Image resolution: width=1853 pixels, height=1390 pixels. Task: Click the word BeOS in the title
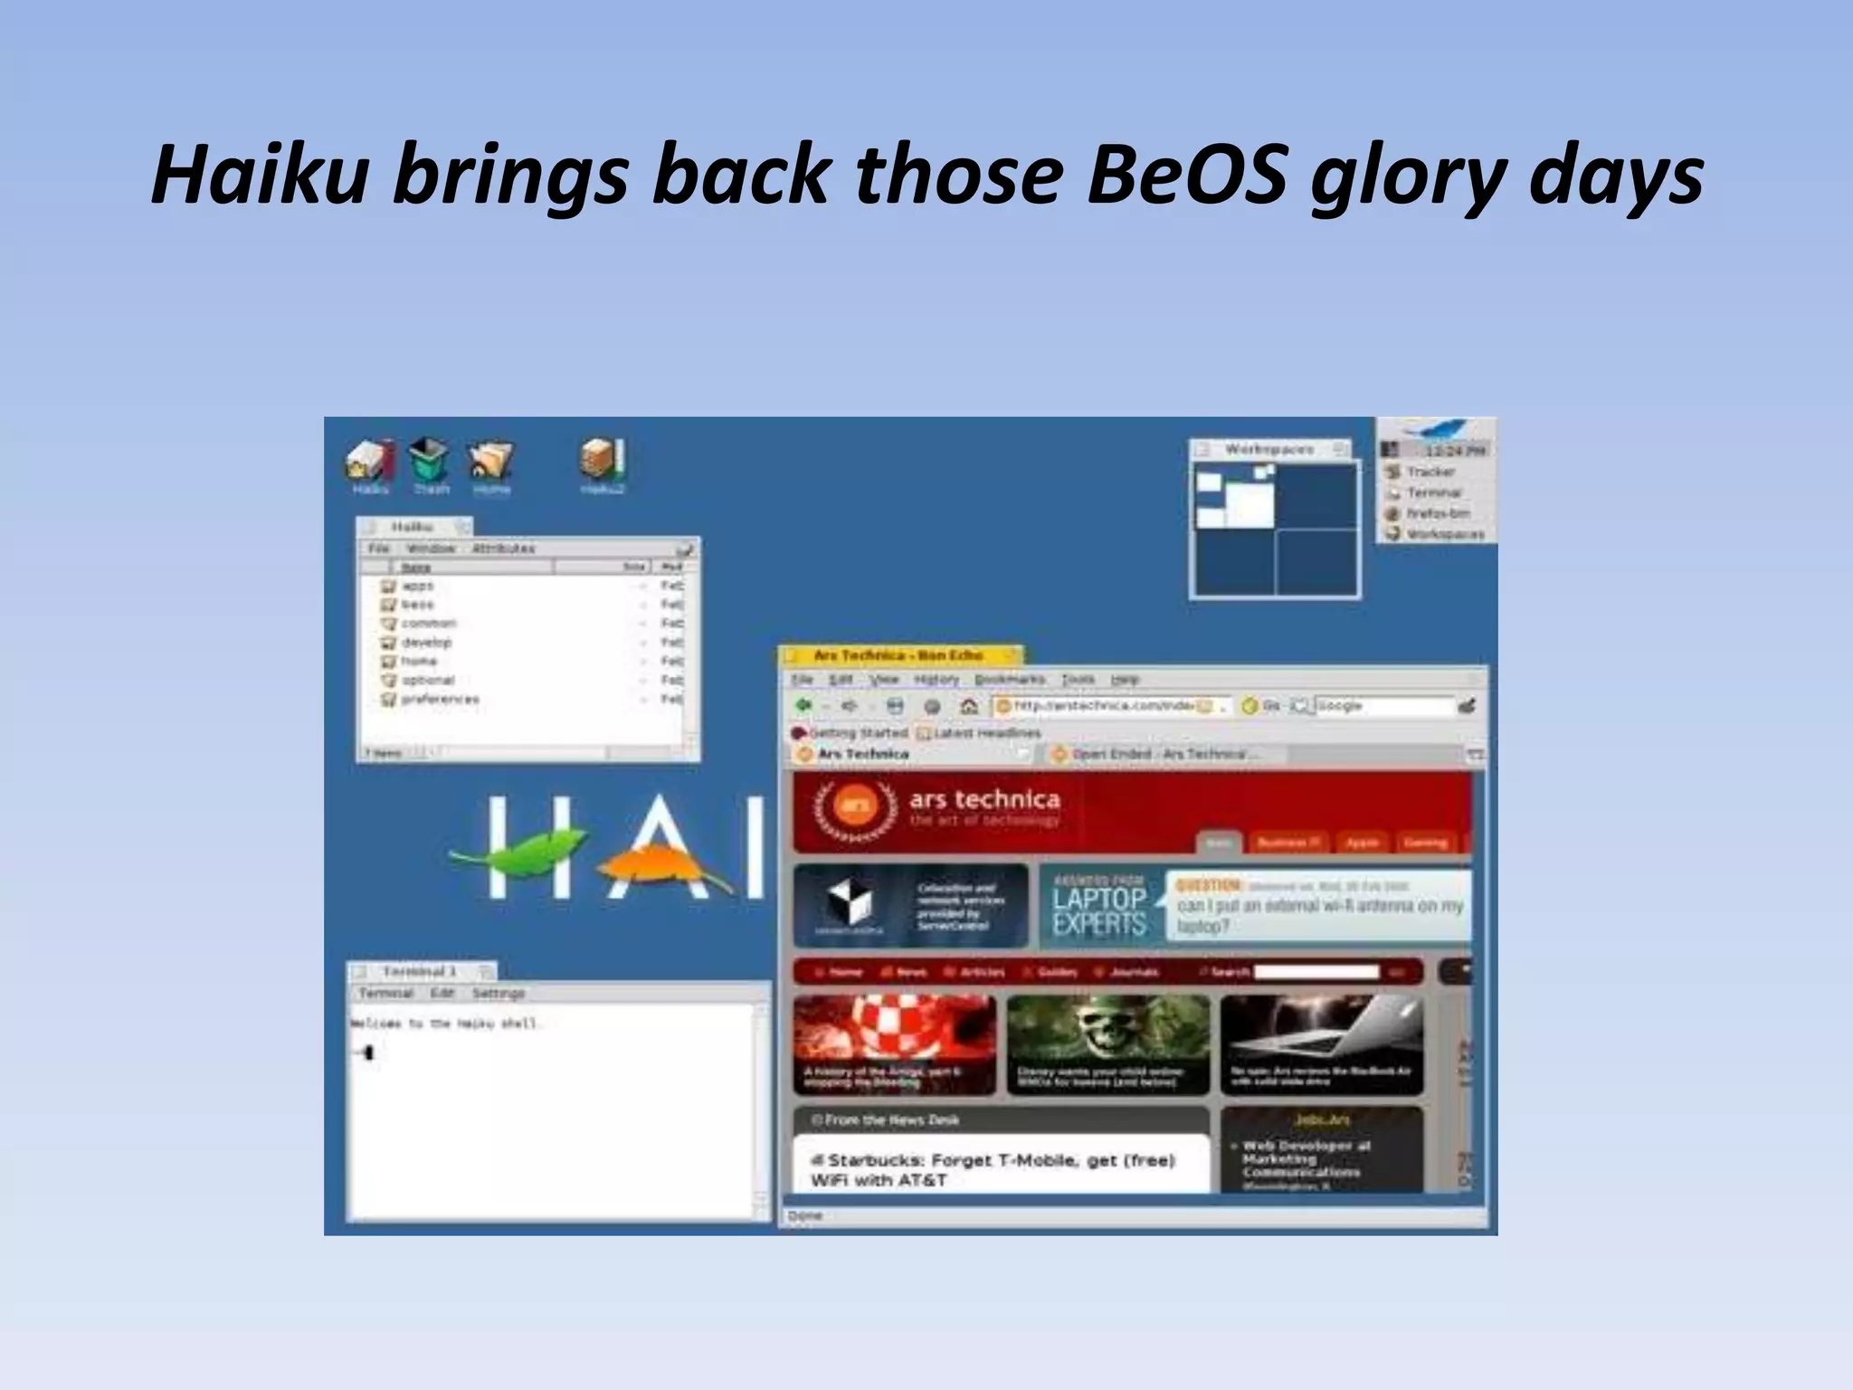point(1186,174)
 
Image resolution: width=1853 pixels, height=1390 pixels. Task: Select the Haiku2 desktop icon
point(603,461)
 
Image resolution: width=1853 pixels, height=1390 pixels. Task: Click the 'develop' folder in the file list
point(425,643)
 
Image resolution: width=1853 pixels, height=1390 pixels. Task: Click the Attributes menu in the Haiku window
point(503,548)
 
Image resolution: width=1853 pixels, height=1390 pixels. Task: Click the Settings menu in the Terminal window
point(498,994)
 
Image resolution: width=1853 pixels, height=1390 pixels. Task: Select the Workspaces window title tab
point(1269,449)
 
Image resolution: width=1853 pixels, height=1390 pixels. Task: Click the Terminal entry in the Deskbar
point(1434,492)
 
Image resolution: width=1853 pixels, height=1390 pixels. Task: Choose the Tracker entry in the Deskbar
point(1430,471)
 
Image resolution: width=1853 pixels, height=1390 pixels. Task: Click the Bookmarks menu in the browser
point(1010,679)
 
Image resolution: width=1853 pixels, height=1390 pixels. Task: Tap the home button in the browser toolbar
point(968,706)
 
